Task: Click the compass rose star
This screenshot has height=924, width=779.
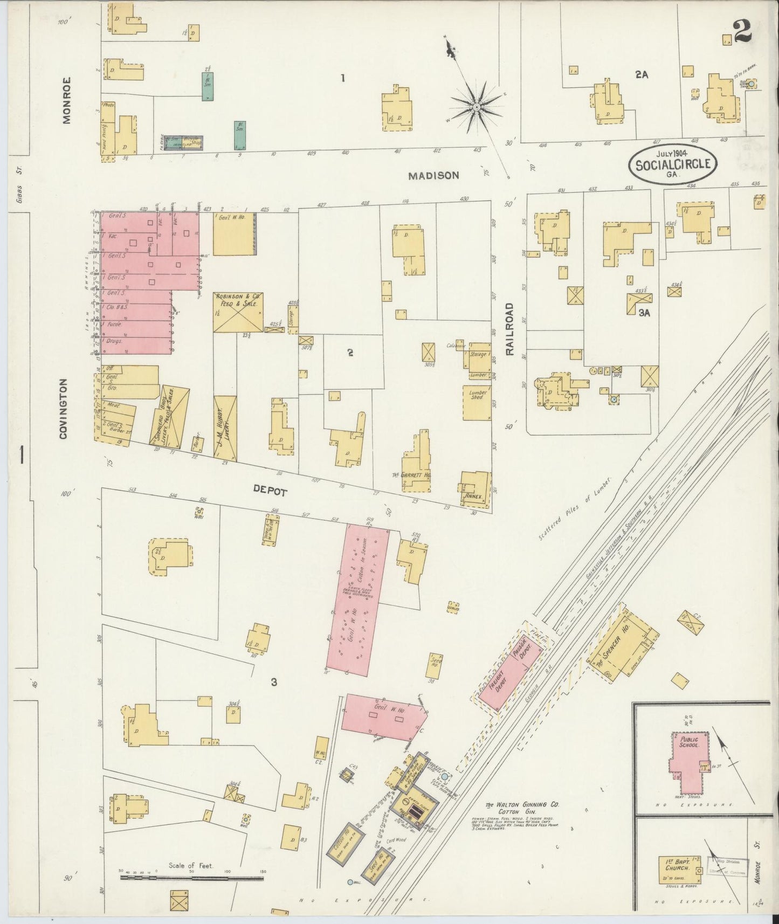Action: [x=476, y=108]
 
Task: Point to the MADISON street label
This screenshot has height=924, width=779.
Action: [x=433, y=176]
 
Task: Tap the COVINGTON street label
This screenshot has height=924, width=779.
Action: [x=63, y=408]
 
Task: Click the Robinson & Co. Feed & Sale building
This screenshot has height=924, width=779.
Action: [x=238, y=312]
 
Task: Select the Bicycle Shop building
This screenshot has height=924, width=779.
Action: [x=183, y=142]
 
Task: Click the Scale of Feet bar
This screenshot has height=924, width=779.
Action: [x=191, y=877]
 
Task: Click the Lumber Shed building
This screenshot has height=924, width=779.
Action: [x=477, y=402]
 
